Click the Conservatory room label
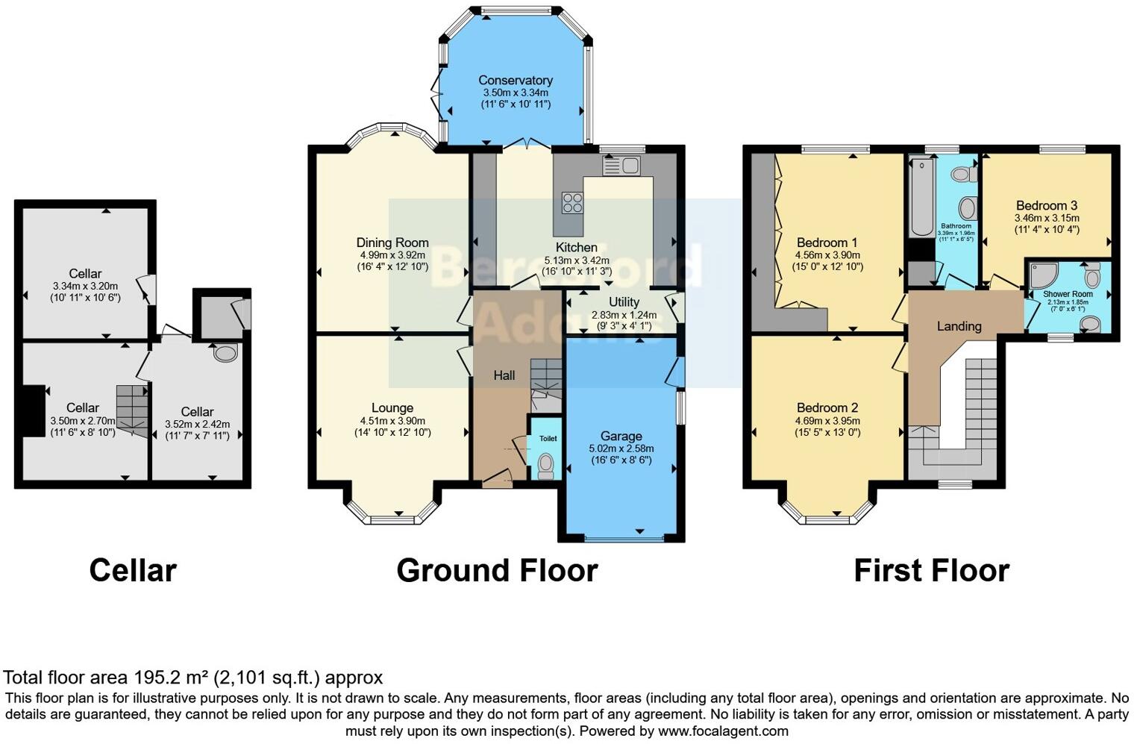[x=515, y=81]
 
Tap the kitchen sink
[x=621, y=165]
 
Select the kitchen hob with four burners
[x=572, y=202]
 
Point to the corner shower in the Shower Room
[x=1041, y=275]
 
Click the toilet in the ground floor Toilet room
[x=546, y=466]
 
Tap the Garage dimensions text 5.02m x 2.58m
[x=621, y=448]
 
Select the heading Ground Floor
[x=497, y=571]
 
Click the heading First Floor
[x=931, y=571]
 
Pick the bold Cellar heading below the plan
[x=133, y=571]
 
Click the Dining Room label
[x=392, y=243]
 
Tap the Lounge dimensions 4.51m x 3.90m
[x=392, y=421]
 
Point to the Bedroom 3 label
[x=1046, y=206]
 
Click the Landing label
[x=959, y=326]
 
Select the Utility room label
[x=624, y=302]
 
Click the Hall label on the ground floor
[x=504, y=375]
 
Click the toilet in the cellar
[x=225, y=352]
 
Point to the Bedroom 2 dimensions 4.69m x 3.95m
[x=827, y=420]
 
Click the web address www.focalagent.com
[x=723, y=731]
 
